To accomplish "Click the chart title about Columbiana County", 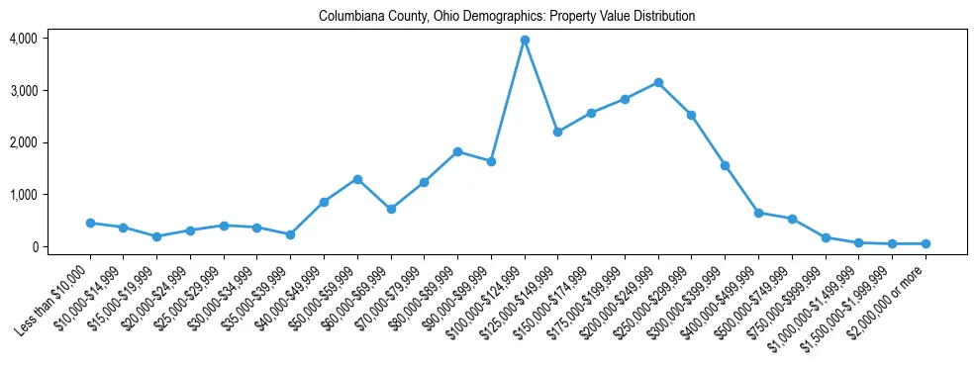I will point(507,17).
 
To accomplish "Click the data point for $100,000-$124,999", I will point(525,40).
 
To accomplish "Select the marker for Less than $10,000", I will point(90,223).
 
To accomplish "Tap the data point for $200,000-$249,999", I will point(658,82).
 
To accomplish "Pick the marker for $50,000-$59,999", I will point(357,179).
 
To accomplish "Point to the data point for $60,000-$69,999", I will point(391,209).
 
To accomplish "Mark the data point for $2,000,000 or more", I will point(926,243).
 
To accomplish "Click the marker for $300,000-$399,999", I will point(725,165).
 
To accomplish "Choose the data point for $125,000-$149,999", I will point(557,132).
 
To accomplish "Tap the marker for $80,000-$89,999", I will point(457,151).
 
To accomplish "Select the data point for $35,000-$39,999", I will point(290,234).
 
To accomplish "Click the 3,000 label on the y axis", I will point(23,91).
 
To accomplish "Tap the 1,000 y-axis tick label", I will point(23,195).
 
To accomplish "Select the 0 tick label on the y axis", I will point(33,247).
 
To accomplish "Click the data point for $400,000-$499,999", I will point(758,213).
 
